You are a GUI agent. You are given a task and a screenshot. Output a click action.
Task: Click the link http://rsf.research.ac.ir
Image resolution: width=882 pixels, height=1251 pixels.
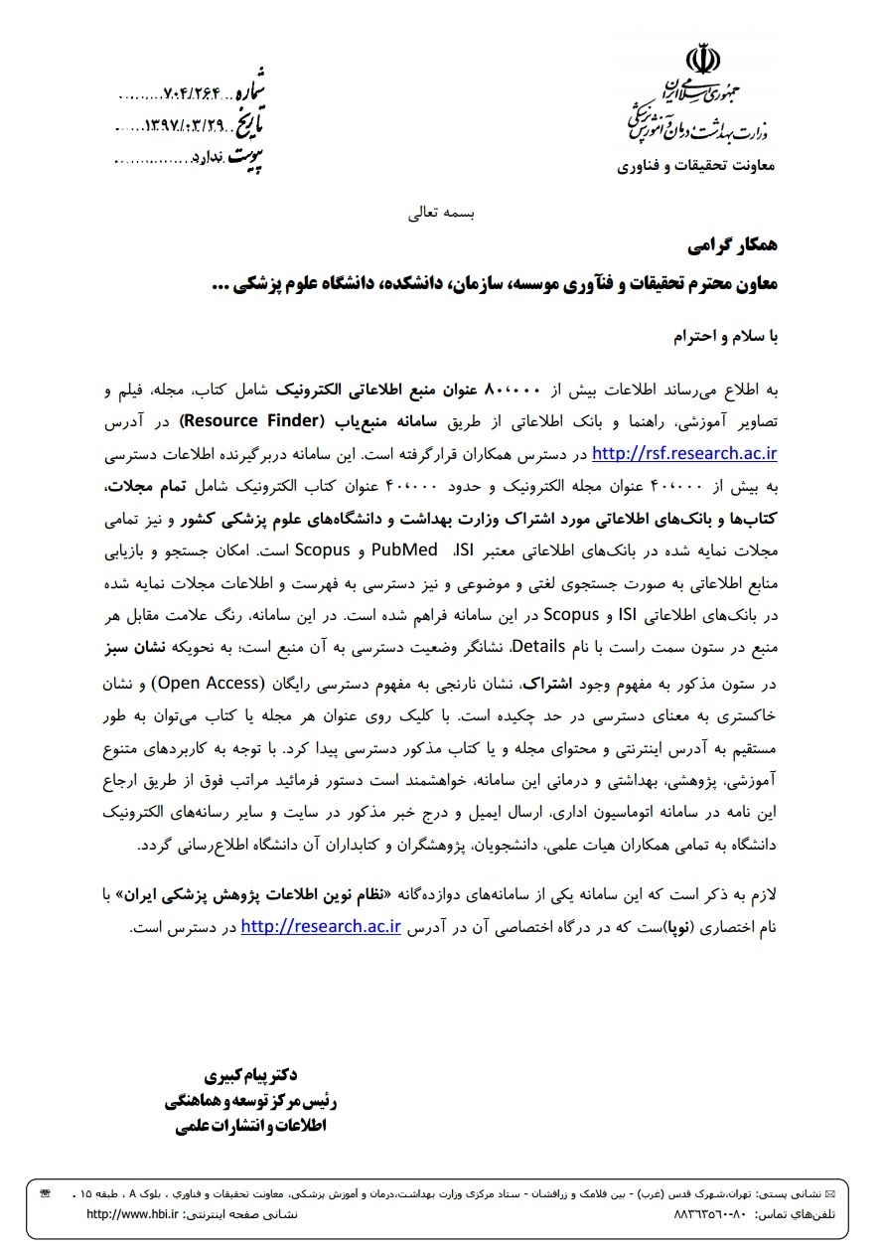pyautogui.click(x=684, y=455)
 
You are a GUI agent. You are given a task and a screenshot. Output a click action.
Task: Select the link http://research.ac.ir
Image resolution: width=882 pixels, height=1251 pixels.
pyautogui.click(x=320, y=928)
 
